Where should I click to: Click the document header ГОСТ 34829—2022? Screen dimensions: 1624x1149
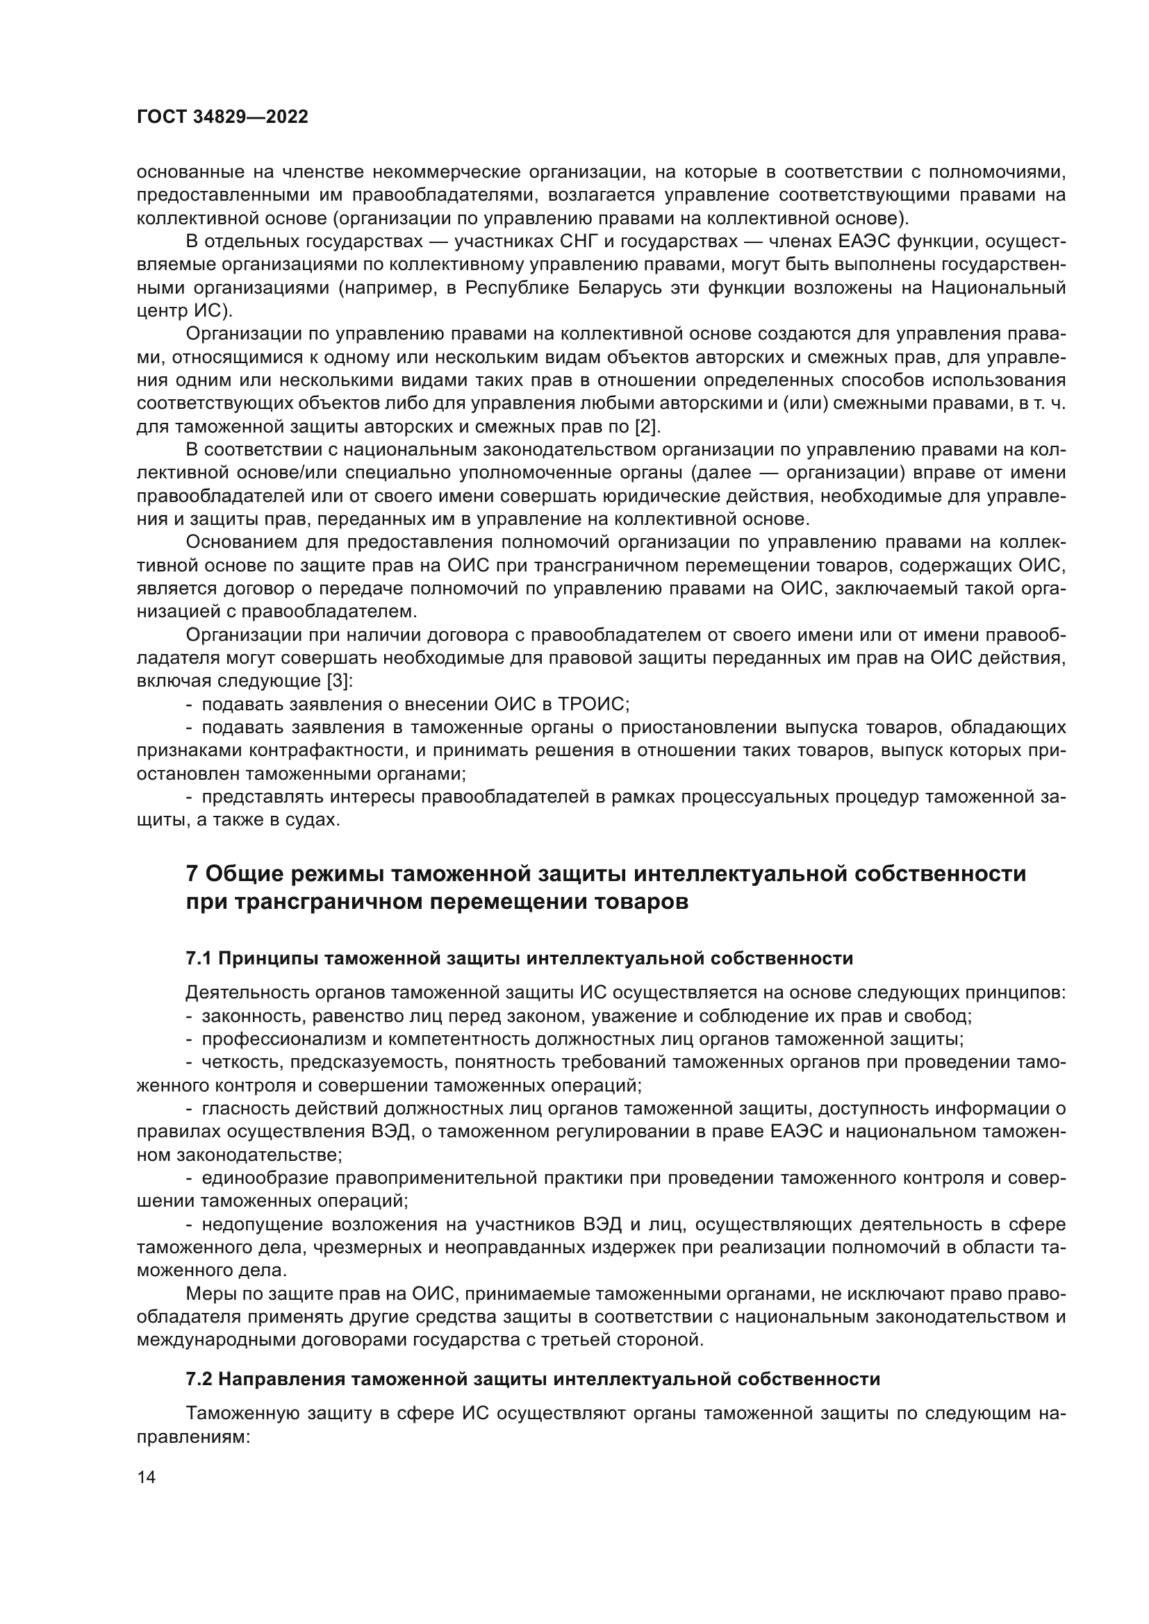pos(222,117)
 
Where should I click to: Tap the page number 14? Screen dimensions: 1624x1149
pos(147,1477)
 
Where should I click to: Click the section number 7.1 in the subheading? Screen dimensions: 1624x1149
pos(199,958)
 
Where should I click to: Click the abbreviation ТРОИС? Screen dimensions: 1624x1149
pos(593,704)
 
